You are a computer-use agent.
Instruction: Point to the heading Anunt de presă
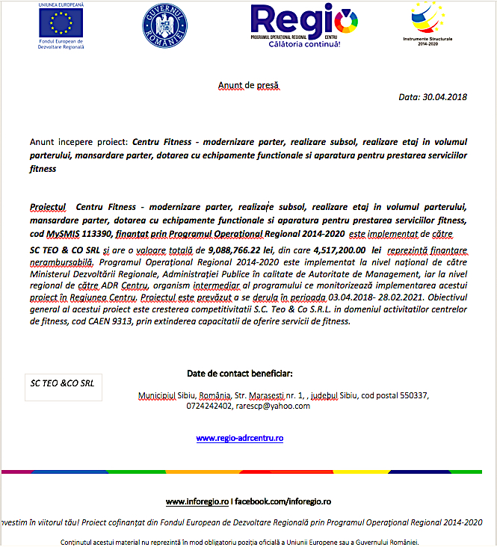coord(247,86)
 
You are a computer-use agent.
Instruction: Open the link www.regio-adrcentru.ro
coord(239,439)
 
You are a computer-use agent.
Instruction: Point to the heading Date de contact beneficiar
coord(239,374)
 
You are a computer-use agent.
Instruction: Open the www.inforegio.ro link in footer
coord(197,501)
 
